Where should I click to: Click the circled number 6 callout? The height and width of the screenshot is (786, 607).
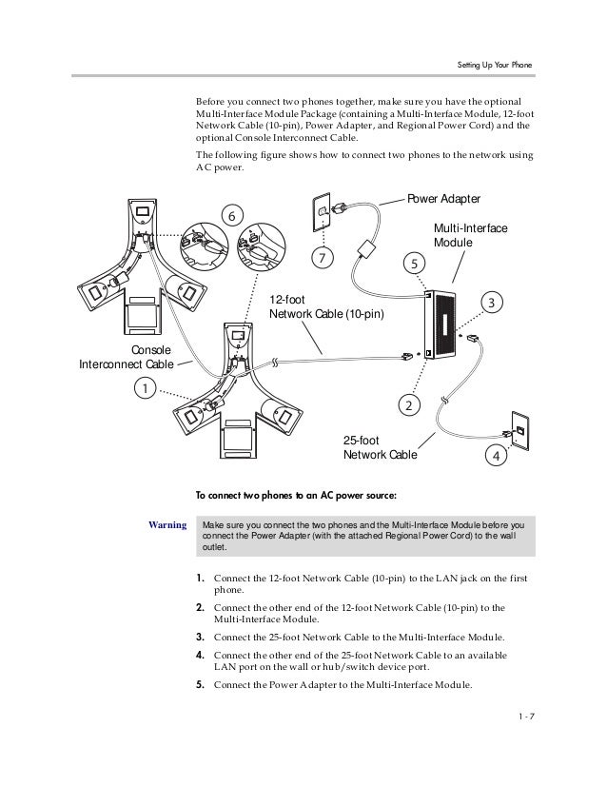[x=230, y=216]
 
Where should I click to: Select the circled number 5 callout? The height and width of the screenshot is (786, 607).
[x=412, y=261]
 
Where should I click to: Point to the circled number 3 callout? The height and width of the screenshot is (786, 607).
[x=492, y=302]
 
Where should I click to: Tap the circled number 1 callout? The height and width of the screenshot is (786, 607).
[x=145, y=387]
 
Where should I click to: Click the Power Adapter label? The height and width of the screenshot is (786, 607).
[x=444, y=198]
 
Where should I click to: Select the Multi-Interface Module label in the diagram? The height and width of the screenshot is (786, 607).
[x=470, y=236]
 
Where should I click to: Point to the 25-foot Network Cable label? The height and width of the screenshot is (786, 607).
[x=380, y=447]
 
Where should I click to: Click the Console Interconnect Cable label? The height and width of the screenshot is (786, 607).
[x=126, y=357]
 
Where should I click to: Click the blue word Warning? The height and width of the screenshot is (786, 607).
[x=167, y=524]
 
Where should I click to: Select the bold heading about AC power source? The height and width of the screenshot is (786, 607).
[x=296, y=495]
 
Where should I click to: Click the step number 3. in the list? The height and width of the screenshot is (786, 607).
[x=201, y=637]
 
